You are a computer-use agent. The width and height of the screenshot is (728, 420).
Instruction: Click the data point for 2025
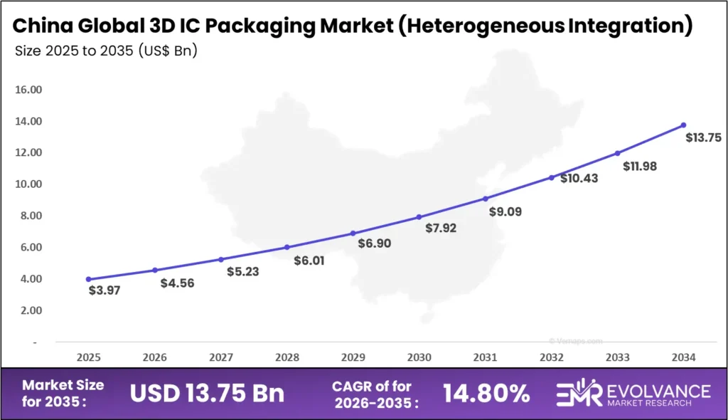click(88, 279)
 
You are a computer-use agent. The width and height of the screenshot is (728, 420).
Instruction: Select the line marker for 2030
click(419, 217)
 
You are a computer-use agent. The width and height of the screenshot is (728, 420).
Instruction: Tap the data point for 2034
click(683, 125)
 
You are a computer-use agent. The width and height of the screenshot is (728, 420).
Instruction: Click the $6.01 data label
click(309, 261)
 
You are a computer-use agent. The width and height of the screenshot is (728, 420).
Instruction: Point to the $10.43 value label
click(579, 179)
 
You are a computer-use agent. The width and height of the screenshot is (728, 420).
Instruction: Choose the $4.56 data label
click(177, 283)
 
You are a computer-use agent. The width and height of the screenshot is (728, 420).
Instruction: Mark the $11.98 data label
click(641, 167)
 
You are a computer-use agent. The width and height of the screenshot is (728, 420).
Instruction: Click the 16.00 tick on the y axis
click(28, 90)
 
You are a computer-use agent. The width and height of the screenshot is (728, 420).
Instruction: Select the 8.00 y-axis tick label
click(28, 216)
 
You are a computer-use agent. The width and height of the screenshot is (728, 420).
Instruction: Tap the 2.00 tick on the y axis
click(28, 310)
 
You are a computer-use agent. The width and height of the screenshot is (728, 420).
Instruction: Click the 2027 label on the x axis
click(220, 357)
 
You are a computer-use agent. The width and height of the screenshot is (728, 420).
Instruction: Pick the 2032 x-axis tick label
click(551, 357)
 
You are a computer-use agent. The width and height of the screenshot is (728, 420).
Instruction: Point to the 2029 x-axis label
click(353, 357)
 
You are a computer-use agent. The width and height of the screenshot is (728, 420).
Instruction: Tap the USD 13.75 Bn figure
click(207, 392)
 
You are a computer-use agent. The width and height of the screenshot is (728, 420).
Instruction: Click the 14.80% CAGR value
click(486, 392)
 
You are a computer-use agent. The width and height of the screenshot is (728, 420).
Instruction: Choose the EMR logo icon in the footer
click(579, 392)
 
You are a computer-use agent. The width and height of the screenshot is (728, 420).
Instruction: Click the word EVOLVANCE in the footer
click(658, 389)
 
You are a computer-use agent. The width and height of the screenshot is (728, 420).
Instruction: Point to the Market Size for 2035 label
click(63, 392)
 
